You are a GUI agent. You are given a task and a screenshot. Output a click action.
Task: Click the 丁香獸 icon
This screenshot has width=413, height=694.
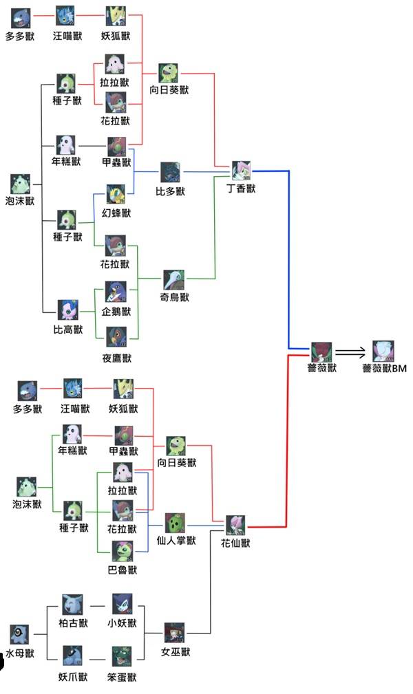point(241,171)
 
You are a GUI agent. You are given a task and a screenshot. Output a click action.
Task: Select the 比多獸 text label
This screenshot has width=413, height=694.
point(170,192)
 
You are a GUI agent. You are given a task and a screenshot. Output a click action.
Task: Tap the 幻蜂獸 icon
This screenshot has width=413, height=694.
point(115,193)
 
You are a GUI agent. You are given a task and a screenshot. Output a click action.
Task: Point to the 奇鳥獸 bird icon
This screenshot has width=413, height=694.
point(173,279)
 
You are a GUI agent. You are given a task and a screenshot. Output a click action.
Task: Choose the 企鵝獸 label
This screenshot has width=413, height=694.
point(116,312)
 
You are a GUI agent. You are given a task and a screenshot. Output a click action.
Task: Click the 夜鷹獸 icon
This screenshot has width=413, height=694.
point(115,337)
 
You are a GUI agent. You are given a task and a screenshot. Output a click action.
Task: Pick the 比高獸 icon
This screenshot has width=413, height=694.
point(68,310)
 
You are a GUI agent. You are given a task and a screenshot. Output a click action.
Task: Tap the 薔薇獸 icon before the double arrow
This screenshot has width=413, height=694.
point(321,351)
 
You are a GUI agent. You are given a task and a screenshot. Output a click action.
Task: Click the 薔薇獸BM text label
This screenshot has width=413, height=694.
point(385,369)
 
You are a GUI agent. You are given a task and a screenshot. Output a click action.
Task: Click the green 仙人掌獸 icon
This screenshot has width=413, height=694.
point(176,523)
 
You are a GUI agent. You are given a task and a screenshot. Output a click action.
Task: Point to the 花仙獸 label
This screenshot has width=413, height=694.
point(235,543)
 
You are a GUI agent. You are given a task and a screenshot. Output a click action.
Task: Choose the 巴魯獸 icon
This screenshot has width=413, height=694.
point(123,552)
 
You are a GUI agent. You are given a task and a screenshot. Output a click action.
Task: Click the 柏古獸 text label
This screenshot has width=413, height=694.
point(73,623)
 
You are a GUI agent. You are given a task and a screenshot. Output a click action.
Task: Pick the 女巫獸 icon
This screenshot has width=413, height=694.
point(174,633)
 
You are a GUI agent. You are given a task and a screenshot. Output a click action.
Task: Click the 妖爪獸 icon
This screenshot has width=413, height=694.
point(72,656)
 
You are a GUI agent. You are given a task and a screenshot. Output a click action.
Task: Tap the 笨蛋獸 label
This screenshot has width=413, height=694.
point(122,677)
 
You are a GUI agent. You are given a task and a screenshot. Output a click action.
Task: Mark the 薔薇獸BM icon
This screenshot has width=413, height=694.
point(384,350)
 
